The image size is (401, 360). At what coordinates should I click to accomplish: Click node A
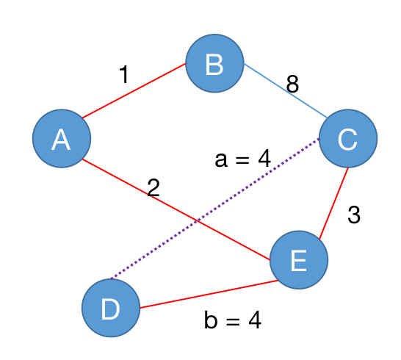(x=62, y=138)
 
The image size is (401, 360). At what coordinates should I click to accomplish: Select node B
(x=214, y=63)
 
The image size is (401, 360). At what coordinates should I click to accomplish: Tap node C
(x=348, y=138)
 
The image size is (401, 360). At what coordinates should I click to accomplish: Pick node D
(x=111, y=308)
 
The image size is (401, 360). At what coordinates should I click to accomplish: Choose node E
(x=299, y=259)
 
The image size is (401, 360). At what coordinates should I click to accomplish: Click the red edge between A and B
(x=134, y=91)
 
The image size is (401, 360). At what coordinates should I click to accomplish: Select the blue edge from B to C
(x=286, y=91)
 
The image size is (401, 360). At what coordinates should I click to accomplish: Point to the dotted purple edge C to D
(x=215, y=209)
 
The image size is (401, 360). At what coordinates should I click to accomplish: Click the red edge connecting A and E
(x=176, y=209)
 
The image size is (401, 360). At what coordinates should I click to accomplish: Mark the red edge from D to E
(x=209, y=294)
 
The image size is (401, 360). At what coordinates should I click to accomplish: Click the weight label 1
(x=124, y=74)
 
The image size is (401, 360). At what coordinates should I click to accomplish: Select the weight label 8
(x=292, y=84)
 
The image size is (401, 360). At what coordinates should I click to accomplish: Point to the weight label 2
(x=153, y=187)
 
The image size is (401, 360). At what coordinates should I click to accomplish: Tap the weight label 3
(x=354, y=215)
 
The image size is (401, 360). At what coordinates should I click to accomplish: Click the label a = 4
(x=242, y=159)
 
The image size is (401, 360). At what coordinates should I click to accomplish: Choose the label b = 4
(x=233, y=320)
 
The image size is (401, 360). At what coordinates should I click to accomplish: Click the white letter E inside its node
(x=299, y=261)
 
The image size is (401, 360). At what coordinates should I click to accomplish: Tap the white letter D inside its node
(x=110, y=309)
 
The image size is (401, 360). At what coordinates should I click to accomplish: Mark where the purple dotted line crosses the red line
(x=197, y=221)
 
